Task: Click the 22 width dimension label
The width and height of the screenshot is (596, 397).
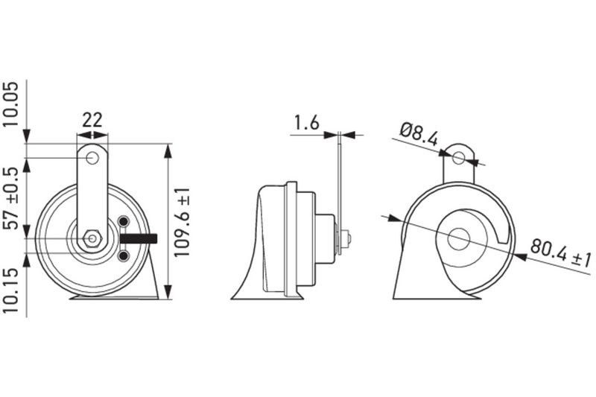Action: [92, 120]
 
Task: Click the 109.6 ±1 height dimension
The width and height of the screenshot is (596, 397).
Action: [184, 221]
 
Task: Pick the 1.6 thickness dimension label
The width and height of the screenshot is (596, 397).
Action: [306, 122]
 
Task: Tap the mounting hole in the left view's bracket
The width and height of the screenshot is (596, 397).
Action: [92, 158]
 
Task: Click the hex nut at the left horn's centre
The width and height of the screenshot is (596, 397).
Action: [92, 238]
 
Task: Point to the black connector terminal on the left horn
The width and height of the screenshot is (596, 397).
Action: [137, 238]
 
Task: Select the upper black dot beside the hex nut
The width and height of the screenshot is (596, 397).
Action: [124, 222]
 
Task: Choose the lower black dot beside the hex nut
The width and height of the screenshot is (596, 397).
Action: [124, 255]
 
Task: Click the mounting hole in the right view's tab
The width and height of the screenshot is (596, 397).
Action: [459, 158]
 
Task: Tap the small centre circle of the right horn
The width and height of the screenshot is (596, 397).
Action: [459, 239]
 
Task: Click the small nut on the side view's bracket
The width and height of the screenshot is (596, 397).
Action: [347, 239]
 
